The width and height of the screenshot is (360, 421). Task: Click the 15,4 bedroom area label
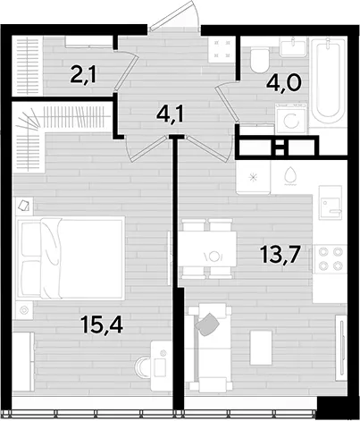(102, 325)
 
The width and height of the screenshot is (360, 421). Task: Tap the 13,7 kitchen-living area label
(280, 255)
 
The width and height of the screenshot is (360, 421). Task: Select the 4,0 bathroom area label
(284, 83)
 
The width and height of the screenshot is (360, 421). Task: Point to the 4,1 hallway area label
(171, 114)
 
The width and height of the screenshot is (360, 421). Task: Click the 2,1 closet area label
(83, 75)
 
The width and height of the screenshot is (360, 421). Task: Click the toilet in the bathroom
(260, 61)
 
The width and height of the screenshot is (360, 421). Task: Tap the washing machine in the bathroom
(290, 119)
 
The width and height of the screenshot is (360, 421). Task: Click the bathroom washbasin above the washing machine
(293, 46)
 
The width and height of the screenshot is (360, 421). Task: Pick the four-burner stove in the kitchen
(330, 258)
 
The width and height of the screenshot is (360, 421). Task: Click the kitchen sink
(331, 202)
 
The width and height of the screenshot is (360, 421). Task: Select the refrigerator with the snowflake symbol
(254, 178)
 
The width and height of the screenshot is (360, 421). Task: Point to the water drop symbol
(289, 175)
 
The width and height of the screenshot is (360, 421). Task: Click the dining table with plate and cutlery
(208, 249)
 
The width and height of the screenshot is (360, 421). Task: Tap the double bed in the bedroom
(71, 257)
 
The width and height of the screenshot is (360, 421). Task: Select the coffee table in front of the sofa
(261, 348)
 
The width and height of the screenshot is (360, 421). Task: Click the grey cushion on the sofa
(207, 324)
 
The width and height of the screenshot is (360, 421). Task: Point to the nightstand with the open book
(24, 206)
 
